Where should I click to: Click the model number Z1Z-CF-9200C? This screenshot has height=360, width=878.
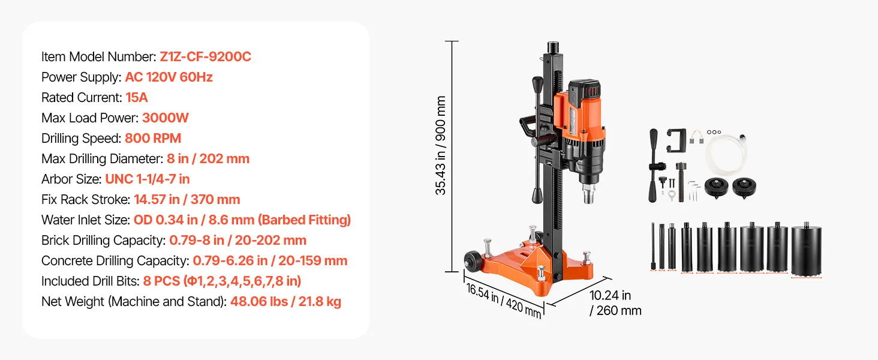(205, 57)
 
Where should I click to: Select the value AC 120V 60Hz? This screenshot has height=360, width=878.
(169, 77)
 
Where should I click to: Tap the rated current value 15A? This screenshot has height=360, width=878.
(136, 98)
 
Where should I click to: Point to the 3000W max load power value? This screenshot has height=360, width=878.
(165, 118)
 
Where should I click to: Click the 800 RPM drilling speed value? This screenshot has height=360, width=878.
(153, 139)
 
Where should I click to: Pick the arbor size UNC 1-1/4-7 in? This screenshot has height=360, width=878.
(148, 179)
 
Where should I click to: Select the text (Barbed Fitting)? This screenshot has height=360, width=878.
(306, 220)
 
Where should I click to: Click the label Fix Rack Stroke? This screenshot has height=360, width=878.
(85, 200)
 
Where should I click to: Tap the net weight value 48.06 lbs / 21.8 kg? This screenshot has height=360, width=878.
(285, 302)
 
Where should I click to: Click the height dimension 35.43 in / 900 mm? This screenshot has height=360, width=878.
(441, 145)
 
